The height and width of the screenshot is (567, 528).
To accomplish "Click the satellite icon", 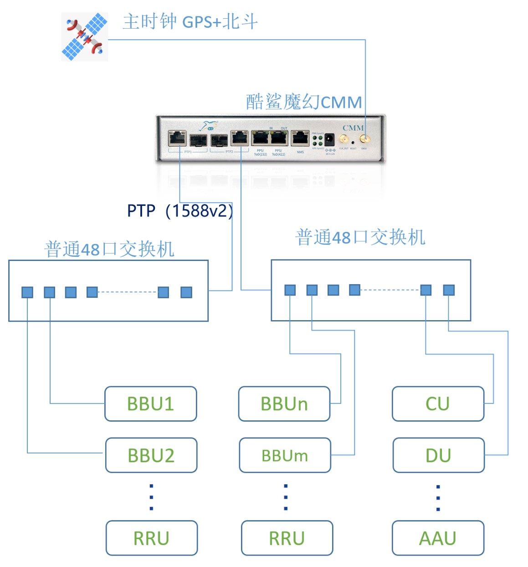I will click(x=85, y=37).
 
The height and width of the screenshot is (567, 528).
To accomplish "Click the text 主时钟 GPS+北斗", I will click(x=190, y=21).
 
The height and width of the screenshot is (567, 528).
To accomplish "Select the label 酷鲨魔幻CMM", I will click(x=304, y=102).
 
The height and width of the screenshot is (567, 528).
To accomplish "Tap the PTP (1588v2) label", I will click(x=180, y=211).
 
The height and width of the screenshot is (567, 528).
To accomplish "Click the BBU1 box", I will click(x=151, y=404).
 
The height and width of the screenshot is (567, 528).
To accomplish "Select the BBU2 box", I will click(x=151, y=455).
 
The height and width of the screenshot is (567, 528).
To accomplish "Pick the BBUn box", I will click(x=284, y=404).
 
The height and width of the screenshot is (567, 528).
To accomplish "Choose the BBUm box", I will click(x=285, y=455).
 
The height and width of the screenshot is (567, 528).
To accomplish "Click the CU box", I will click(x=438, y=404).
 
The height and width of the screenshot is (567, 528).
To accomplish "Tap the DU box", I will click(x=438, y=455).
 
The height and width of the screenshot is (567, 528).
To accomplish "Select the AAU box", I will click(x=438, y=538).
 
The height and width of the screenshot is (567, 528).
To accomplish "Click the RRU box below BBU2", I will click(x=152, y=538).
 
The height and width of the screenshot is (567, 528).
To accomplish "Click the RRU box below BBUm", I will click(x=287, y=538).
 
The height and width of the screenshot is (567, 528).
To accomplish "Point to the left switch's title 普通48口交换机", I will click(x=109, y=249).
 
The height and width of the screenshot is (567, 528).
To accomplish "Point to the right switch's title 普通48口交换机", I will click(x=360, y=237).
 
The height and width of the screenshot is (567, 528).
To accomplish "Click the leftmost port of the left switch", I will click(x=27, y=292).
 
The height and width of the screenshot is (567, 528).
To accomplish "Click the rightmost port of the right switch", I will click(x=449, y=290).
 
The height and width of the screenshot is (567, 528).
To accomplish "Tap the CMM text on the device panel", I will click(x=353, y=128).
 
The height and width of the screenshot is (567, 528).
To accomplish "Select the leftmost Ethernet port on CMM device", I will click(x=177, y=138).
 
